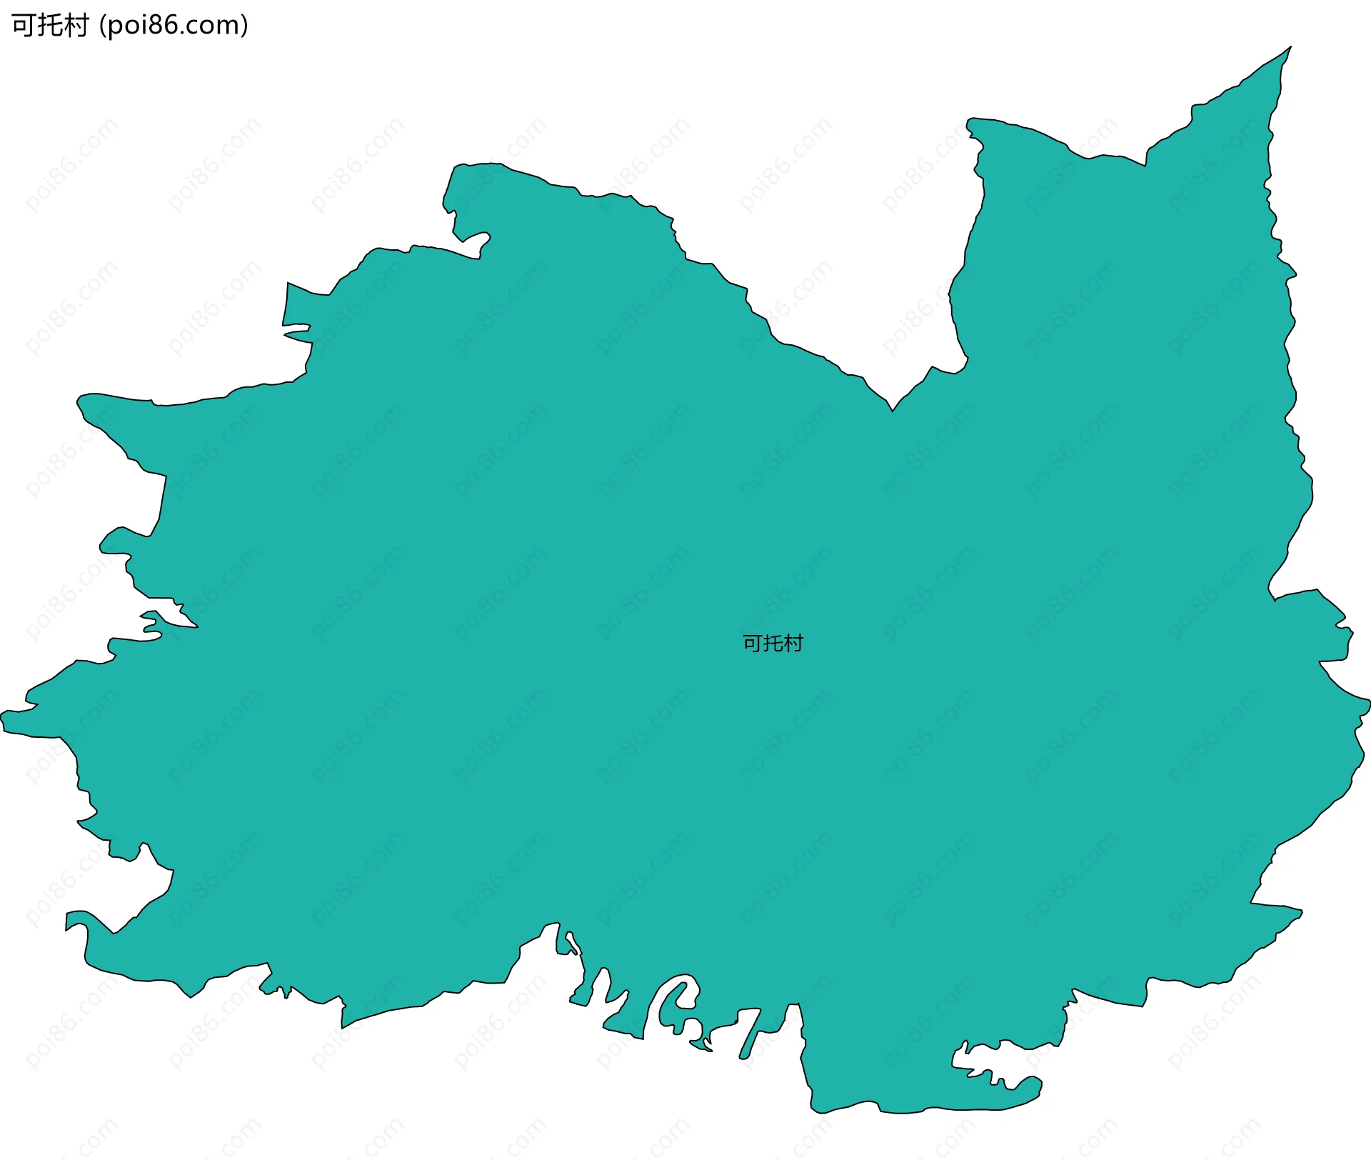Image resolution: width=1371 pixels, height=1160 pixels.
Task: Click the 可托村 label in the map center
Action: pyautogui.click(x=773, y=644)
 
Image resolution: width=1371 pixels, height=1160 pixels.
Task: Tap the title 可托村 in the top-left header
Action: pyautogui.click(x=50, y=26)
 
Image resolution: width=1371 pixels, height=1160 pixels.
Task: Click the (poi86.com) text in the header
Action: pyautogui.click(x=174, y=26)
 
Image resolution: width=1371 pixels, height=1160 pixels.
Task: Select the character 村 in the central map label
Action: pyautogui.click(x=793, y=644)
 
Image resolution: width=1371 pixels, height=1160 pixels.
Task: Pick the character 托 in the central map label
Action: pyautogui.click(x=773, y=644)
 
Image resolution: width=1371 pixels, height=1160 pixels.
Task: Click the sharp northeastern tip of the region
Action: pyautogui.click(x=1289, y=49)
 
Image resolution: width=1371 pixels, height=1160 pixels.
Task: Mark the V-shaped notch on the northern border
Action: pyautogui.click(x=892, y=409)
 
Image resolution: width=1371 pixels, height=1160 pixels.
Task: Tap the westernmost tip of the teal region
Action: pyautogui.click(x=4, y=714)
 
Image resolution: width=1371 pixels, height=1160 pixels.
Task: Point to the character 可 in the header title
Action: pyautogui.click(x=23, y=26)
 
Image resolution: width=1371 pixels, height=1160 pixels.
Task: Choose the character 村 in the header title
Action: pyautogui.click(x=76, y=26)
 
